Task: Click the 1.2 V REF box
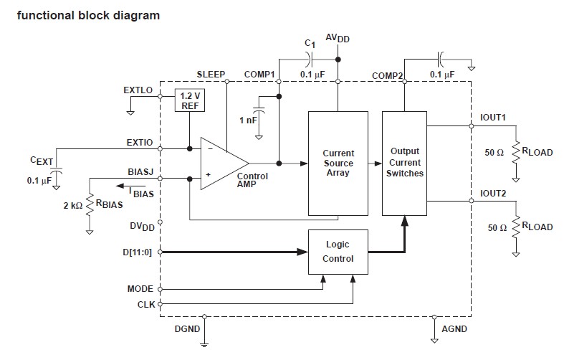point(189,101)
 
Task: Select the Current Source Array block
point(338,163)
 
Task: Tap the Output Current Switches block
point(405,163)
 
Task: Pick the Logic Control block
point(338,252)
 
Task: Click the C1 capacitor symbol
point(310,60)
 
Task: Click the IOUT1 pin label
point(493,116)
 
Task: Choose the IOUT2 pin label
point(493,194)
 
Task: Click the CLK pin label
point(145,304)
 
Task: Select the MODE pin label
point(141,289)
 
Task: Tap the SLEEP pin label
point(211,74)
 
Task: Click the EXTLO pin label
point(138,90)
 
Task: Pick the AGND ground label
point(455,329)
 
